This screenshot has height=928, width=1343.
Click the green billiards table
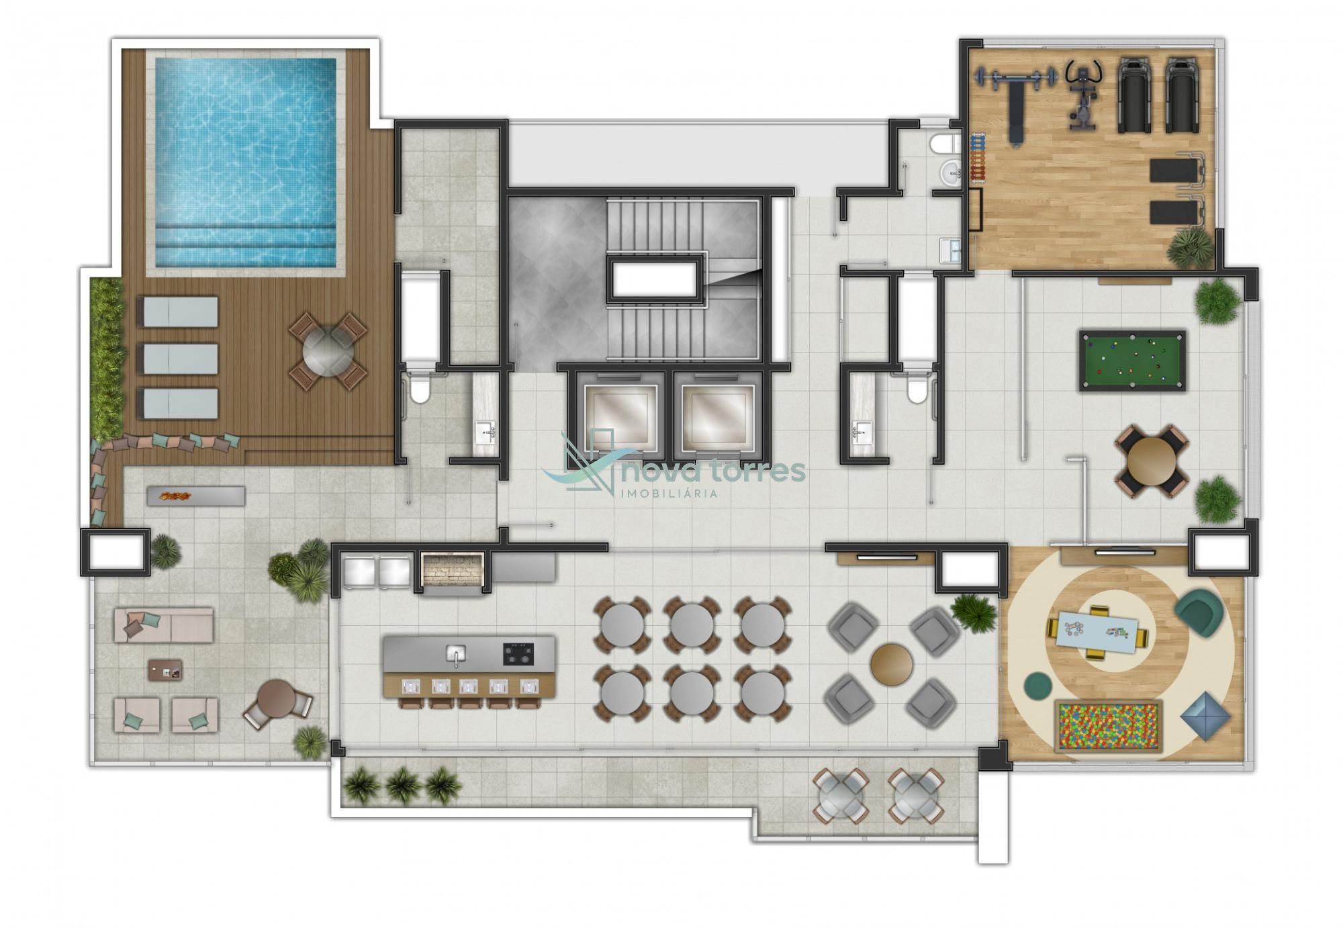1132,360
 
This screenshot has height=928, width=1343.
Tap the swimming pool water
245,162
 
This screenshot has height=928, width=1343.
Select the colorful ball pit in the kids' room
1109,726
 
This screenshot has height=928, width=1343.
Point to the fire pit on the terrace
195,496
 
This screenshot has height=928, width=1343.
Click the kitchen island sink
456,653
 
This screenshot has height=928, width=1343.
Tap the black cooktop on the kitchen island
519,653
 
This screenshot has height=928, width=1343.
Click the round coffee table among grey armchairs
892,664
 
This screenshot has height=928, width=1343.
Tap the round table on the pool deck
328,350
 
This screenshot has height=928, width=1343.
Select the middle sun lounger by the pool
178,359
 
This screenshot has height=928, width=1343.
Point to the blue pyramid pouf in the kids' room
1205,716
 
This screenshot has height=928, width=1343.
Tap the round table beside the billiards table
1152,461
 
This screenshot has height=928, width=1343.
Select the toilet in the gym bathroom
946,143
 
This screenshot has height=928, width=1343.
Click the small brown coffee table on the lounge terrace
165,669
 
